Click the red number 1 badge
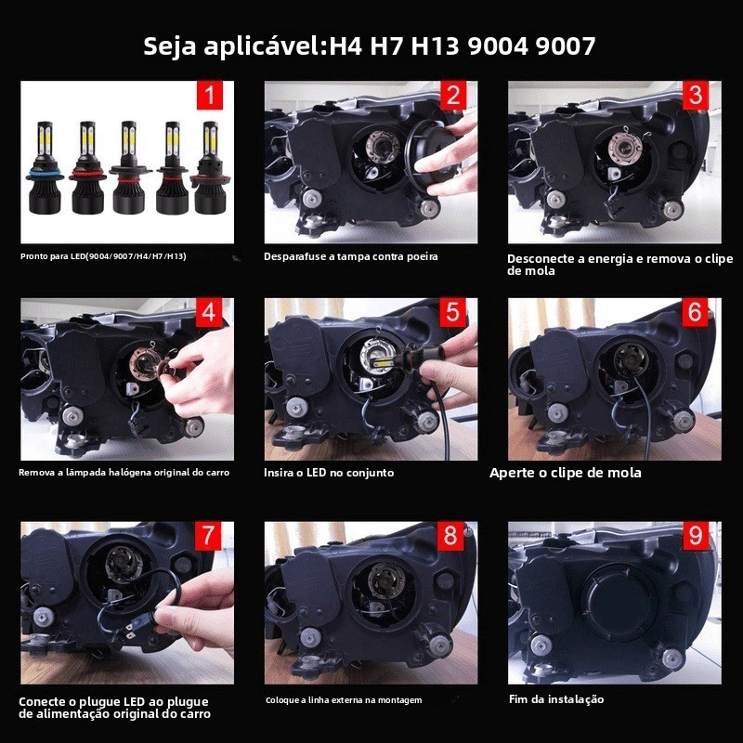[x=209, y=95]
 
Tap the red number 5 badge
[x=452, y=312]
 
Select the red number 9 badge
[x=695, y=536]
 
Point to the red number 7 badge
[x=208, y=536]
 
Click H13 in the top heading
[x=435, y=46]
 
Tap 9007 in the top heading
[x=566, y=46]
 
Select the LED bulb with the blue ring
[x=45, y=168]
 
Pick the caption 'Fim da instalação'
[x=556, y=699]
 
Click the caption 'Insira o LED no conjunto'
[x=329, y=473]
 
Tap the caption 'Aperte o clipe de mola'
[x=566, y=473]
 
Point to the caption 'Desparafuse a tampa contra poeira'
[x=351, y=257]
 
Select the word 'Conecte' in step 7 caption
[x=43, y=702]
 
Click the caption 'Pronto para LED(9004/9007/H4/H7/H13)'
[x=103, y=256]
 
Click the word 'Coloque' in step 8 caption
[x=282, y=700]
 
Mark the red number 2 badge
[x=452, y=95]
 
